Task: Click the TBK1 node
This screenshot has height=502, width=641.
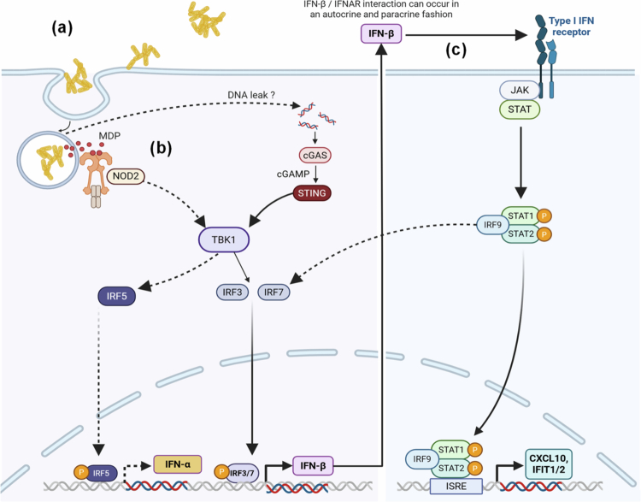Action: coord(224,239)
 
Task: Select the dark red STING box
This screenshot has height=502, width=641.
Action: coord(312,193)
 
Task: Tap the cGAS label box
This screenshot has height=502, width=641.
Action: coord(315,156)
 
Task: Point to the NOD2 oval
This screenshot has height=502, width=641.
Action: coord(126,176)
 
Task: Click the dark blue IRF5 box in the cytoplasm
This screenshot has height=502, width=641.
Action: coord(117,296)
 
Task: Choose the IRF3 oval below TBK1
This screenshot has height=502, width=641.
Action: coord(232,292)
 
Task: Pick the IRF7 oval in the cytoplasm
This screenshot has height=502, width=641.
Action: coord(273,292)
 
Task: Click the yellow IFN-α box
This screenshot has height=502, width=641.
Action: coord(178,464)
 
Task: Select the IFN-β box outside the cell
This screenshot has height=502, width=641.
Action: coord(381,33)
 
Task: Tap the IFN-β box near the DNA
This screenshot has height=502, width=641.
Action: coord(313,465)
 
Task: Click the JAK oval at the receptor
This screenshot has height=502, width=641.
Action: coord(519,90)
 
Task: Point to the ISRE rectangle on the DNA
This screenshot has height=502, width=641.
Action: coord(456,486)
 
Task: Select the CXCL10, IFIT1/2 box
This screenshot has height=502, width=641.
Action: coord(549,464)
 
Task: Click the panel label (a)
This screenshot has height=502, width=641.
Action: coord(62,28)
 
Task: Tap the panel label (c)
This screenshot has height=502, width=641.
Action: coord(456,50)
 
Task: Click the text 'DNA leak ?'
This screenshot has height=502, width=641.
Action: coord(251,95)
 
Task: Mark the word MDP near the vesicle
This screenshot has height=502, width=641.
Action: coord(109,135)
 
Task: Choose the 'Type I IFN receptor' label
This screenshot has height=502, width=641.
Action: coord(571,27)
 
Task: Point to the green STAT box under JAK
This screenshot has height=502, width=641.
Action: coord(520,109)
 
